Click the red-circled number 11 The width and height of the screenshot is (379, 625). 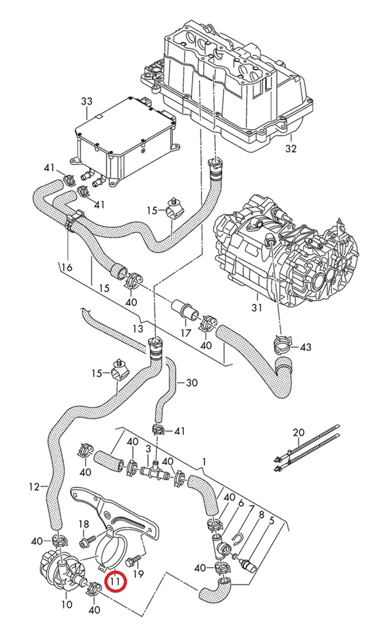pos(115,581)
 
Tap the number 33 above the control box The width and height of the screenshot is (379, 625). pos(86,101)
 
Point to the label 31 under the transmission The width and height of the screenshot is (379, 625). pos(256,308)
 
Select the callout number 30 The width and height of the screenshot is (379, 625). pos(192,383)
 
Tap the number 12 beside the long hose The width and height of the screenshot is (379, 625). pos(34,487)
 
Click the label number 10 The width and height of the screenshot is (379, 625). pos(67,605)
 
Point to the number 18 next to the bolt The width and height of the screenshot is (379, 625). pos(84,524)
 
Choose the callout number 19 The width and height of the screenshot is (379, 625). pos(138,574)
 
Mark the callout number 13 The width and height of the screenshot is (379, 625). pos(137,329)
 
